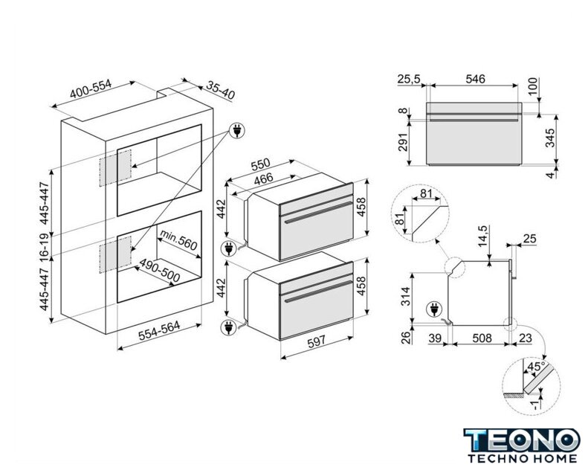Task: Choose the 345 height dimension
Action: coord(551,138)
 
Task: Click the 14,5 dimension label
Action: coord(483,239)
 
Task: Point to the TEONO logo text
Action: coord(520,438)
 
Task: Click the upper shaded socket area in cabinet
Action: coord(116,167)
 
